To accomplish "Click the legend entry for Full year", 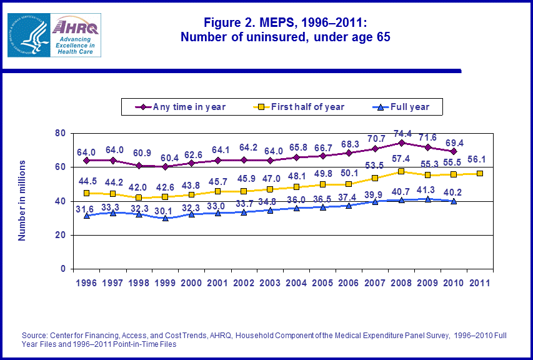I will (x=410, y=107).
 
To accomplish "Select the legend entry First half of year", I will (x=307, y=107).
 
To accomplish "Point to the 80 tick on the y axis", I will (x=61, y=133).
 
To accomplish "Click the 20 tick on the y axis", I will (x=61, y=236).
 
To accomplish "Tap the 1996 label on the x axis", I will (x=87, y=283).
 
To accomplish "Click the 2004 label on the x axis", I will (x=296, y=283).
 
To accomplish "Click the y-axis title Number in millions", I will (x=22, y=201).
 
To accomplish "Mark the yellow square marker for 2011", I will (x=480, y=174).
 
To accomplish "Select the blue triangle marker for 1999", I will (x=166, y=218).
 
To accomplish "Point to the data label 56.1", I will (x=480, y=160).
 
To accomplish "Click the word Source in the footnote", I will (x=35, y=336).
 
